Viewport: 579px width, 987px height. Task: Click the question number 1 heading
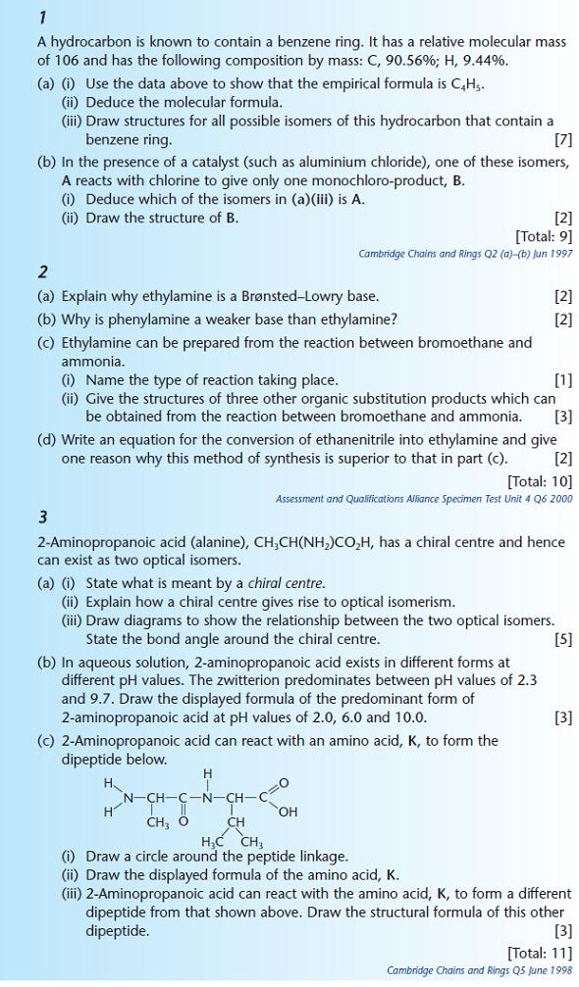click(42, 17)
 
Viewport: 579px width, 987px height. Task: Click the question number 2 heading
click(43, 271)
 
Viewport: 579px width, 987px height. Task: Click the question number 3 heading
click(43, 517)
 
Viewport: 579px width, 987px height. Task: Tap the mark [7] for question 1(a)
click(562, 139)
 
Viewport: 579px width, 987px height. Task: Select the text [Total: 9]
click(543, 235)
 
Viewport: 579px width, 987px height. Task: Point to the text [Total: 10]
click(539, 480)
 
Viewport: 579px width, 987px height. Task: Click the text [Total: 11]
click(539, 952)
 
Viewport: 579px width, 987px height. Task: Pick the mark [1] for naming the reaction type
click(562, 379)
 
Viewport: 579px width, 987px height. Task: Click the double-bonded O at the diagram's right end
click(285, 782)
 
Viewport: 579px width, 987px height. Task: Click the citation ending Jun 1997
click(465, 254)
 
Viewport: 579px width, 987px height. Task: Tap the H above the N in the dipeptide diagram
click(207, 774)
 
